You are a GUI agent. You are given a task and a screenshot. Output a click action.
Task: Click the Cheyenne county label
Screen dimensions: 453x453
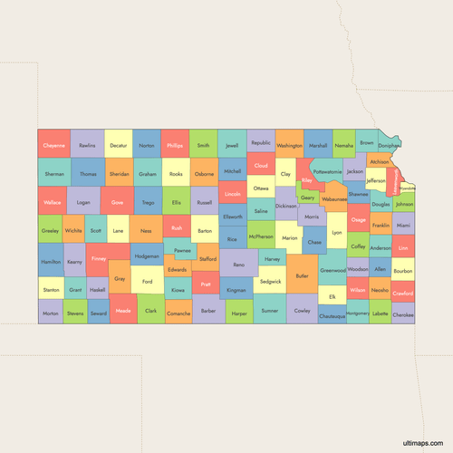click(x=53, y=145)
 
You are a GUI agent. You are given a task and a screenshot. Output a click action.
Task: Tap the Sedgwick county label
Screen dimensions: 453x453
click(x=270, y=282)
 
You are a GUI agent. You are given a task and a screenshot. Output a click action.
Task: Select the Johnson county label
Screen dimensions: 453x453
click(x=404, y=204)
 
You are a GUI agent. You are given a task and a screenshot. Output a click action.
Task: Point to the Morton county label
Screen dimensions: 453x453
click(x=50, y=313)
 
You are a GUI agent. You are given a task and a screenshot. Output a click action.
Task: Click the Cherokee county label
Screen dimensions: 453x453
click(x=403, y=314)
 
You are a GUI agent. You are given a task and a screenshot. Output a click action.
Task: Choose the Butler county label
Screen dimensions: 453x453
click(x=303, y=275)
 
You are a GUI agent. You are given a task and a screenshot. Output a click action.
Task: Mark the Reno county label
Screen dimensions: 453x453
click(x=238, y=265)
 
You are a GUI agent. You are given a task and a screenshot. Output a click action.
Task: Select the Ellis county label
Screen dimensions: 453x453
click(x=177, y=202)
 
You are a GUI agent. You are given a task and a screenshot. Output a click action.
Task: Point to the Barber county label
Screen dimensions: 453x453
click(x=209, y=311)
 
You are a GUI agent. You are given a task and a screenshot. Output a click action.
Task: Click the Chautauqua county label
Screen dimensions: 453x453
click(x=333, y=316)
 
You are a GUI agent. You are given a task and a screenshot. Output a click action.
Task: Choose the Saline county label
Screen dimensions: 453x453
click(x=261, y=210)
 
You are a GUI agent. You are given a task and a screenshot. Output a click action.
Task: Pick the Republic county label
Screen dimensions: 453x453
click(x=261, y=142)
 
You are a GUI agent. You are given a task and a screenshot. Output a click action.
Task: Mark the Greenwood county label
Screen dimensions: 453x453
click(x=333, y=269)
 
